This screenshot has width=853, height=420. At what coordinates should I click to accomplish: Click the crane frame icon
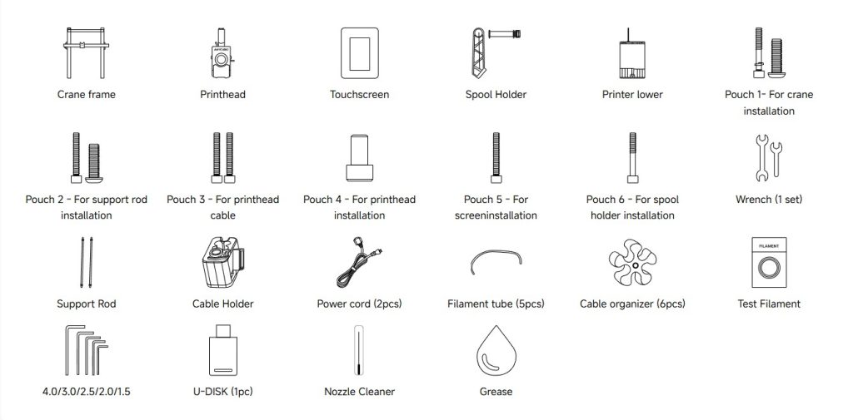tap(86, 52)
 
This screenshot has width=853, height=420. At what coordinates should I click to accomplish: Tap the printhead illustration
tap(222, 53)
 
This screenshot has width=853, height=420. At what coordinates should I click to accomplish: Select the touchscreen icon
tap(359, 53)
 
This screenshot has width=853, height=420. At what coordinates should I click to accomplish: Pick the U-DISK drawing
tap(223, 350)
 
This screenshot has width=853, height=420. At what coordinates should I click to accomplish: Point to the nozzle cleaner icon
tap(358, 350)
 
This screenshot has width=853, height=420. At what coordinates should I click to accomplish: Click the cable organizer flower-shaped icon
tap(632, 263)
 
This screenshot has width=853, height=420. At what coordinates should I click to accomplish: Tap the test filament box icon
tap(769, 263)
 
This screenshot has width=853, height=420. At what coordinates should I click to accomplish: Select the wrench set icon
tap(769, 157)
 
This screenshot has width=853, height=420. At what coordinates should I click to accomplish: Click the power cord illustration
tap(359, 263)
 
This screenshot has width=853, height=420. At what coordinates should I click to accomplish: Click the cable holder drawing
tap(223, 263)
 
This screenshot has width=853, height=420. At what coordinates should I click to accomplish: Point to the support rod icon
tap(86, 263)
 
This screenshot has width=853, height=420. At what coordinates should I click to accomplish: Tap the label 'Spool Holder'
tap(496, 95)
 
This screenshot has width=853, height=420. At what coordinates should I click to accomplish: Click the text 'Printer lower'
tap(632, 95)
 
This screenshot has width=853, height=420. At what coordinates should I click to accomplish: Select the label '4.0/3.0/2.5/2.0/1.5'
tap(86, 391)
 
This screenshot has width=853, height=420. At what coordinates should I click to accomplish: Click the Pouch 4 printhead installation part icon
tap(360, 157)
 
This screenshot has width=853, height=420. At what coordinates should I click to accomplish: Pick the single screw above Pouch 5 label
tap(496, 157)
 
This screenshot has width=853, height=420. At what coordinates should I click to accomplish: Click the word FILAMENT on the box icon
tap(769, 246)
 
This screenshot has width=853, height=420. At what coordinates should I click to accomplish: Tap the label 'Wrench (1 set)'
tap(769, 200)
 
